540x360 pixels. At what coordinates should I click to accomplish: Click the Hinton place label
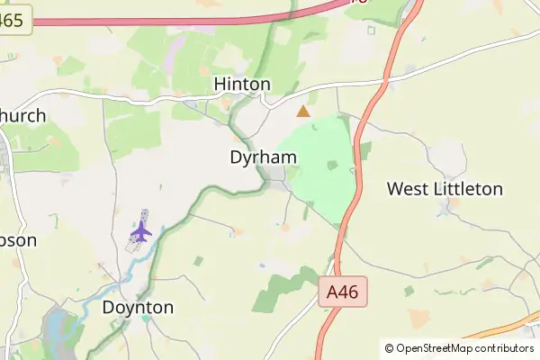click(x=242, y=84)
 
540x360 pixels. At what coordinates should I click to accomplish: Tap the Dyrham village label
click(x=264, y=157)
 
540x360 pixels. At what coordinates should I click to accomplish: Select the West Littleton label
click(x=445, y=189)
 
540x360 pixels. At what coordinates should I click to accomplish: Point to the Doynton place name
click(x=138, y=307)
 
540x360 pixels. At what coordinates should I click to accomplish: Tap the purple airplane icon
click(x=140, y=231)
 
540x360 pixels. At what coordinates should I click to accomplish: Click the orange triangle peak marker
click(x=303, y=112)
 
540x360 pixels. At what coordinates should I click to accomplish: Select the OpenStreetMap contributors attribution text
click(x=464, y=348)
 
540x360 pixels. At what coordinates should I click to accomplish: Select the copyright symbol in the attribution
click(x=389, y=348)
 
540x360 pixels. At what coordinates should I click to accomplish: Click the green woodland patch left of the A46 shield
click(x=283, y=288)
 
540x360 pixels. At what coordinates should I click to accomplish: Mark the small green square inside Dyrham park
click(x=332, y=165)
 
